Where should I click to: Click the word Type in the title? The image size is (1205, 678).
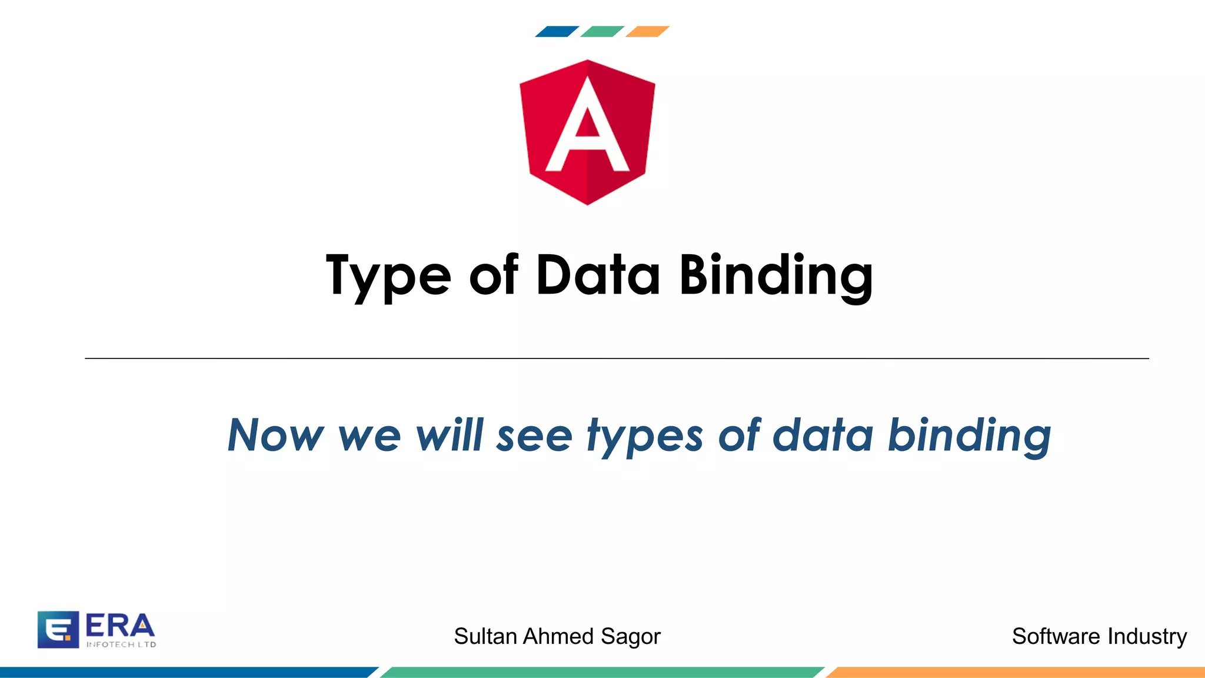(x=388, y=275)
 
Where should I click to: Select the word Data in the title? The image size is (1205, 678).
(x=598, y=275)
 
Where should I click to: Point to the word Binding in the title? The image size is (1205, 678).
(x=775, y=275)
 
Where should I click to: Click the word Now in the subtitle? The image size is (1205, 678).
(x=275, y=436)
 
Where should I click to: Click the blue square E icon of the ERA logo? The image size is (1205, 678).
(x=58, y=630)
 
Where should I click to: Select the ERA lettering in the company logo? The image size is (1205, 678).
(x=120, y=626)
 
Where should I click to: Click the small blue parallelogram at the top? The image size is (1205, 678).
(x=557, y=32)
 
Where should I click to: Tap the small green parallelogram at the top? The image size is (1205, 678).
(x=602, y=32)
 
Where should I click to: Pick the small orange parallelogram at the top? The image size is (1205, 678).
(x=647, y=32)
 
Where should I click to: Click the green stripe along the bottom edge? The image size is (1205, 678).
(x=602, y=672)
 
